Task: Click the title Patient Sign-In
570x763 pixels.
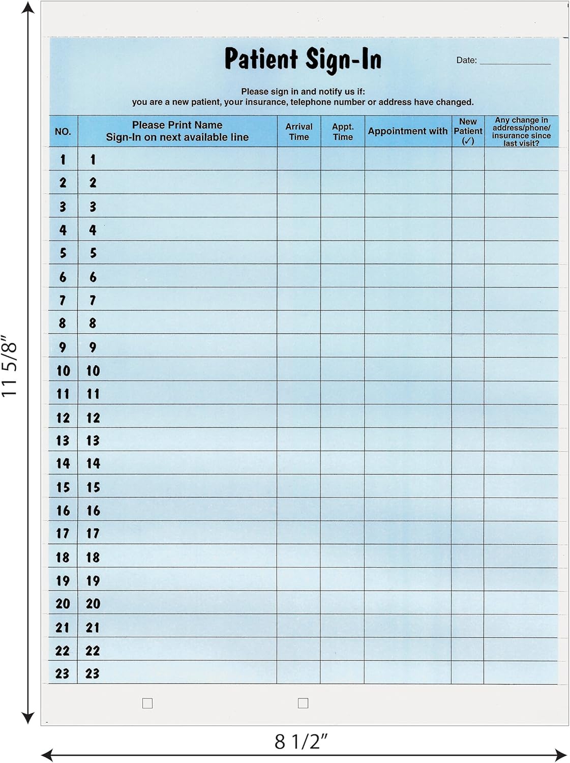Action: [303, 60]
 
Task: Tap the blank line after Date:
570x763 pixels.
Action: [515, 61]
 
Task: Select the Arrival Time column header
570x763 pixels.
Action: [299, 131]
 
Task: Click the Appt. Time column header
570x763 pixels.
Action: [343, 131]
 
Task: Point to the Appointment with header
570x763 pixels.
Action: [408, 131]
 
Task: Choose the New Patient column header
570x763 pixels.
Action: [468, 126]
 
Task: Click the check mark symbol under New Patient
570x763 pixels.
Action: [468, 141]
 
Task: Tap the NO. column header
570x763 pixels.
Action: [63, 132]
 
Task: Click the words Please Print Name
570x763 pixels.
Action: [177, 125]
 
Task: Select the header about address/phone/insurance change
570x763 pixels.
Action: [521, 132]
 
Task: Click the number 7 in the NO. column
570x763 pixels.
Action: [63, 300]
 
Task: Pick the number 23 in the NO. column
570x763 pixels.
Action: [62, 673]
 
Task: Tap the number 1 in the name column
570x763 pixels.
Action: [93, 160]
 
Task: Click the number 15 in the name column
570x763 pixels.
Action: [93, 487]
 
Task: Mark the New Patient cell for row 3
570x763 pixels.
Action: [468, 206]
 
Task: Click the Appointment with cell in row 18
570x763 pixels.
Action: [408, 556]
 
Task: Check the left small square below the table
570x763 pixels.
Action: [147, 703]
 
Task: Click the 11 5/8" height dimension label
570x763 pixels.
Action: [10, 366]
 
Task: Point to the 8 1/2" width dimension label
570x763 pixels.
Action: [301, 742]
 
